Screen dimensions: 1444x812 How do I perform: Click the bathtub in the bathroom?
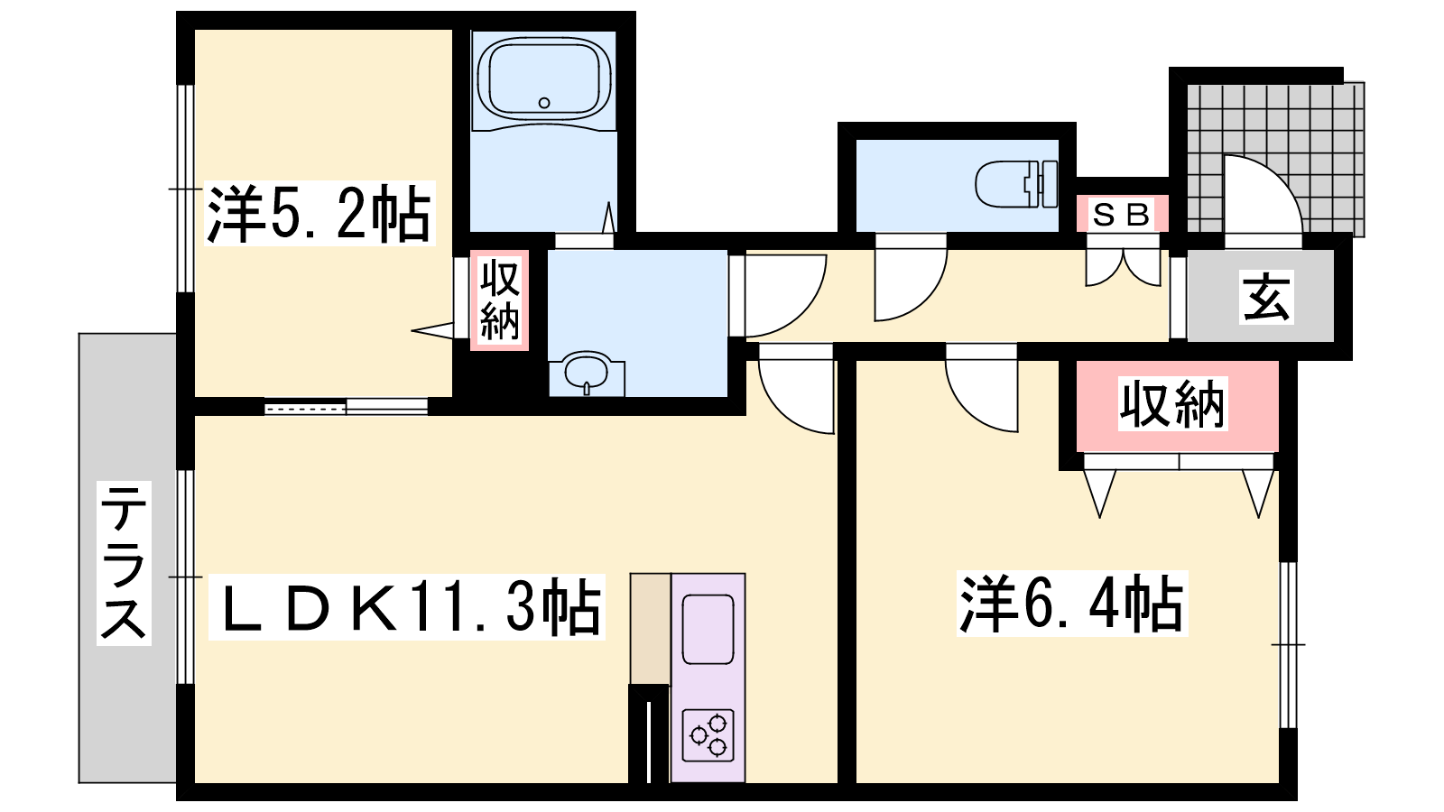click(544, 78)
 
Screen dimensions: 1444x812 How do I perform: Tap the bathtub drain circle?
click(544, 103)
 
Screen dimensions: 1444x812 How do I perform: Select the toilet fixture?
click(1016, 184)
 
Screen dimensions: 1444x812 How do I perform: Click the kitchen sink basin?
click(708, 630)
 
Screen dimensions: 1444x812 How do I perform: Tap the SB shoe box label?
click(1122, 215)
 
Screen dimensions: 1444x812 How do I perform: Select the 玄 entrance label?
click(1266, 297)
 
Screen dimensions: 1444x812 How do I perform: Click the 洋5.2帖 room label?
click(319, 213)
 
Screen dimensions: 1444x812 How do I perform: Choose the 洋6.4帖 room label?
click(1072, 604)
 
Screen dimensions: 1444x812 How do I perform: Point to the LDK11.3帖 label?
click(407, 606)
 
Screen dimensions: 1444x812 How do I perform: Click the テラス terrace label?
click(124, 563)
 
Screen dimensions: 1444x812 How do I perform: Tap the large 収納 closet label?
click(1172, 405)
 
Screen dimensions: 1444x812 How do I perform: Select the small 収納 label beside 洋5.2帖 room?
click(500, 300)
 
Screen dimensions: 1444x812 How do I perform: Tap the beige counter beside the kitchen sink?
click(651, 629)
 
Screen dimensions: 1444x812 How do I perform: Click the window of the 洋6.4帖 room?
click(1288, 645)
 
